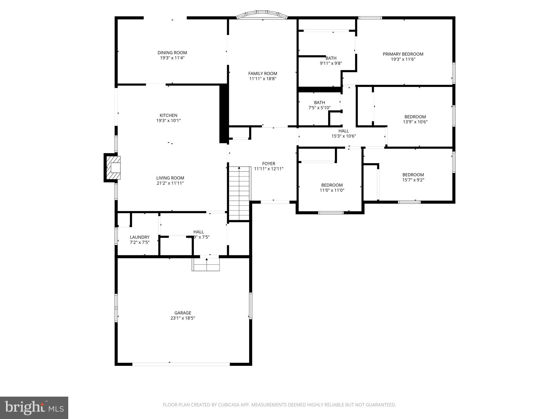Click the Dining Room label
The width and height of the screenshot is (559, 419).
[172, 53]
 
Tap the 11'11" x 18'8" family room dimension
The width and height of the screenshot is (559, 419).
[263, 79]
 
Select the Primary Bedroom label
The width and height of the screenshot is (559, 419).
[403, 54]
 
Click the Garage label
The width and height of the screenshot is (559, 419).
[183, 313]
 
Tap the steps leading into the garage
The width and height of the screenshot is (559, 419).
[206, 264]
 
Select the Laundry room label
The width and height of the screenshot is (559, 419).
[139, 237]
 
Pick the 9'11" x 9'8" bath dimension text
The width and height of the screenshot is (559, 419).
[331, 63]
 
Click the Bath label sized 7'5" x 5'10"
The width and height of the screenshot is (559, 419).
[319, 103]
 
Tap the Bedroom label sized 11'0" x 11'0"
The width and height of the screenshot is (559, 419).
[332, 185]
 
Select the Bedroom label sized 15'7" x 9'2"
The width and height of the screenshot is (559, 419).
[413, 175]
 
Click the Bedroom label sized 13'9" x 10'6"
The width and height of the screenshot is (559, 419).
[415, 117]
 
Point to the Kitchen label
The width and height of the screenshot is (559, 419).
[168, 115]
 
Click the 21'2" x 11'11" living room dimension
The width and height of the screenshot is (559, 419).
[170, 183]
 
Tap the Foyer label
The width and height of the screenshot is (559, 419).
[269, 164]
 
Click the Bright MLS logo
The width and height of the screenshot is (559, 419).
[34, 408]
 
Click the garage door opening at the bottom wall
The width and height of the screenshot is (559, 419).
[181, 364]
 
